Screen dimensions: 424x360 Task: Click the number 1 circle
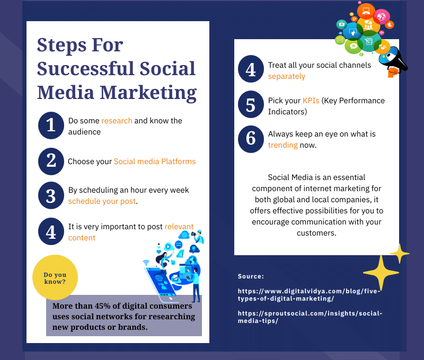tap(51, 125)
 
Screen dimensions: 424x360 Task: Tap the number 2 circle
tap(51, 161)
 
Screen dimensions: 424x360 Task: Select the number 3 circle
tap(51, 195)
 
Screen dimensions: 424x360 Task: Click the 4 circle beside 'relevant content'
tap(51, 231)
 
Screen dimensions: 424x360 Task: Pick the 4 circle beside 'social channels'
tap(251, 69)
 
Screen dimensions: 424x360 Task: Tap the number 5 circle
tap(251, 104)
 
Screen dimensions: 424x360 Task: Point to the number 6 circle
tap(251, 139)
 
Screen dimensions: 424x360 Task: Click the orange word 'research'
tap(117, 121)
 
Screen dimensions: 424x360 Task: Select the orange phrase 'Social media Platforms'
tap(155, 161)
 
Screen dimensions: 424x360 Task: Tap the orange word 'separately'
tap(287, 77)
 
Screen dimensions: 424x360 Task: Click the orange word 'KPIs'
tap(311, 101)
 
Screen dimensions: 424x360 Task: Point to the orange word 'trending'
tap(283, 145)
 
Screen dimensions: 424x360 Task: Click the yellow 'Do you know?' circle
tap(55, 277)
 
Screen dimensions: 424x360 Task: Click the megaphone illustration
tap(393, 61)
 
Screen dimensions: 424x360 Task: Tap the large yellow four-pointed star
tap(381, 273)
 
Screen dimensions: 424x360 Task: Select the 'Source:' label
tap(251, 276)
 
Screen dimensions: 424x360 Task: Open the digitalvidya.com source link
tap(309, 295)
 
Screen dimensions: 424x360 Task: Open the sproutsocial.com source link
tap(310, 317)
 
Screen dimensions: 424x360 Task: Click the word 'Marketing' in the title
tap(148, 93)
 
